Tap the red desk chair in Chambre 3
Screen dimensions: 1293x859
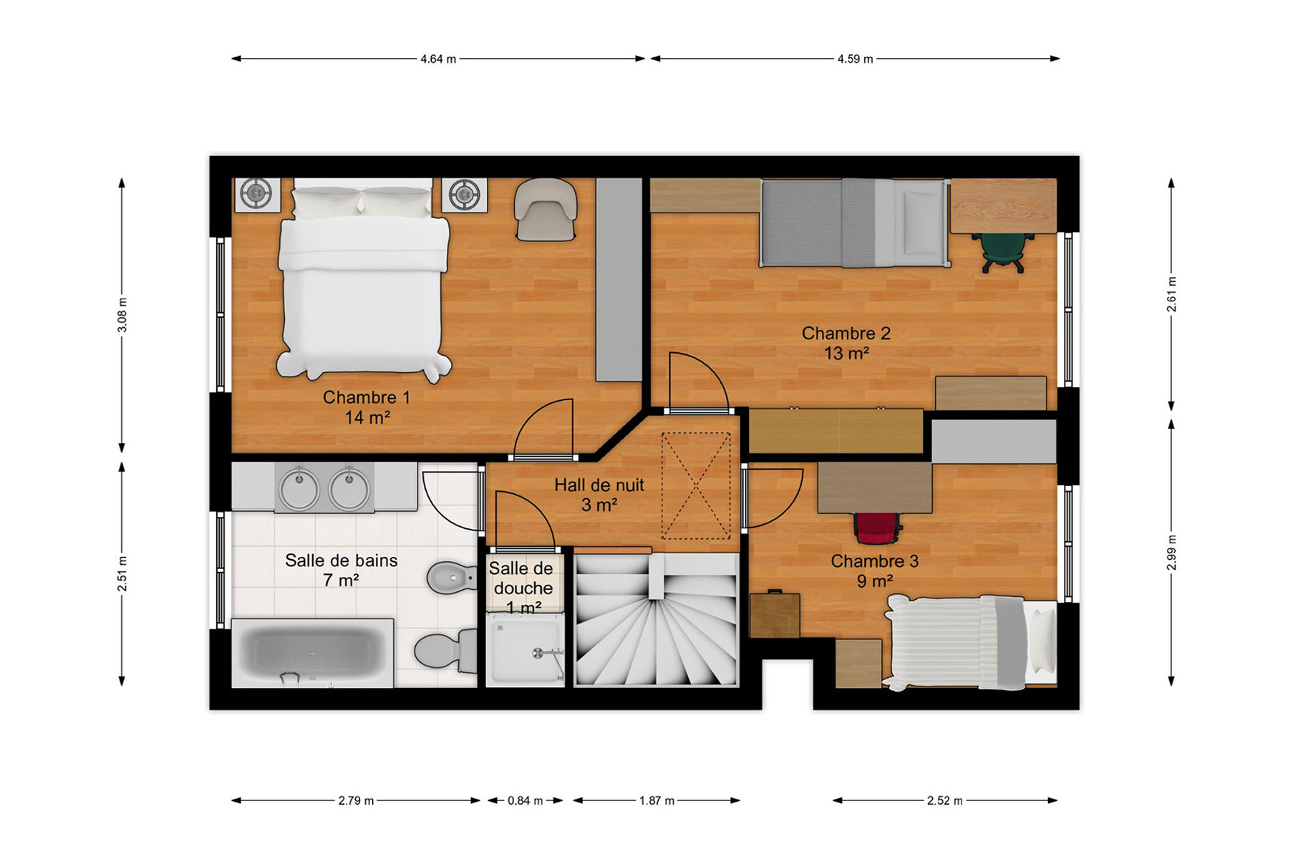pos(877,528)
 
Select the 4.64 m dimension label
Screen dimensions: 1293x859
pos(438,59)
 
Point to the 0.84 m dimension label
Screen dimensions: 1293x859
pos(526,800)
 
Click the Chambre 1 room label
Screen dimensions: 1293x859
pos(366,397)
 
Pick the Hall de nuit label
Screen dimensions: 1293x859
pos(599,485)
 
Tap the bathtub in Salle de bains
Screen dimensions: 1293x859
pos(312,654)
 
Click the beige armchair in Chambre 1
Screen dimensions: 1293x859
pos(546,209)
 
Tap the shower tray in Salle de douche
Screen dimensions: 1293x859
pos(526,650)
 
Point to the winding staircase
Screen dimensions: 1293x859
pos(656,620)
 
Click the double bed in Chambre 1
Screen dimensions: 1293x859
pos(364,279)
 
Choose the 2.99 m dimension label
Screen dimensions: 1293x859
pos(1171,553)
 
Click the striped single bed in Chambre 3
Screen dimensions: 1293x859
pos(970,642)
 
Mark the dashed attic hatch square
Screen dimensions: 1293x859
pos(696,486)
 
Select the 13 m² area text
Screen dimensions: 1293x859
pos(846,354)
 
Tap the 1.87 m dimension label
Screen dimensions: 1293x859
pos(657,800)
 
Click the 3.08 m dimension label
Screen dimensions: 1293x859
pos(122,315)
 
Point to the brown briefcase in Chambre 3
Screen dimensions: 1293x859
pos(774,613)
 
